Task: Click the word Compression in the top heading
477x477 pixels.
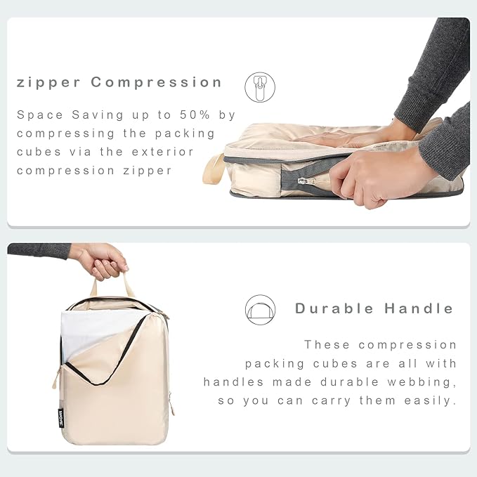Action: point(156,82)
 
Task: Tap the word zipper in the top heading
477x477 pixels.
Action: point(48,82)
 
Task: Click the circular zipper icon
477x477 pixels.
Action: point(259,86)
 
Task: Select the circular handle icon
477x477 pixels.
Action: point(260,310)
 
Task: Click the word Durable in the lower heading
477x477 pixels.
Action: point(334,308)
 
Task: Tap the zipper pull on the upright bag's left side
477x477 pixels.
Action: point(55,379)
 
